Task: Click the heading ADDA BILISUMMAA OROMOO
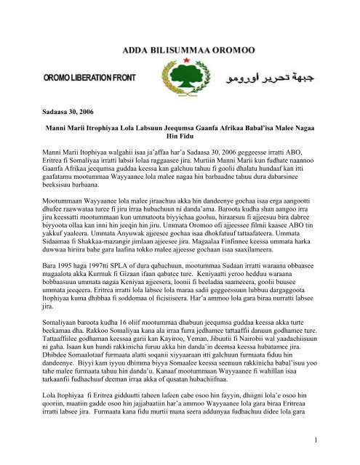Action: (180, 49)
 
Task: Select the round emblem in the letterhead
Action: (180, 76)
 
